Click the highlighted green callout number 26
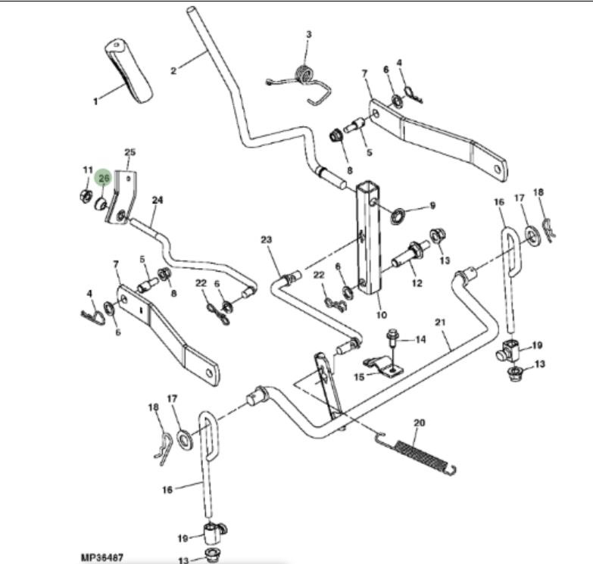pyautogui.click(x=105, y=178)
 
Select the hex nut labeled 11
pyautogui.click(x=83, y=196)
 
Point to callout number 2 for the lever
pyautogui.click(x=173, y=71)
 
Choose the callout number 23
pyautogui.click(x=266, y=240)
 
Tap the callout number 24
pyautogui.click(x=158, y=201)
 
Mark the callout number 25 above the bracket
pyautogui.click(x=130, y=153)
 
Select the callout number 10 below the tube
pyautogui.click(x=380, y=314)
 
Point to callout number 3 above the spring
pyautogui.click(x=308, y=35)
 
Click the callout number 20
pyautogui.click(x=420, y=422)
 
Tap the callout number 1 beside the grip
pyautogui.click(x=95, y=101)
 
